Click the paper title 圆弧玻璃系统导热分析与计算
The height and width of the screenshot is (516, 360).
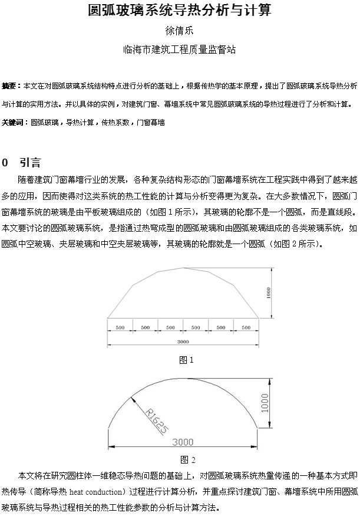click(179, 10)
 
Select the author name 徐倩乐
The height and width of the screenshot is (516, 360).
click(179, 31)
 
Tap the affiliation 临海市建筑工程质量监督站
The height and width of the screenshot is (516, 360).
click(179, 50)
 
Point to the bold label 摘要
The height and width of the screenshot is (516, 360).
click(10, 86)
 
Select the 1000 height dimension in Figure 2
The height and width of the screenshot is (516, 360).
click(265, 403)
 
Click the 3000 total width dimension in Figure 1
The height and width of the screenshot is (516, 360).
click(183, 341)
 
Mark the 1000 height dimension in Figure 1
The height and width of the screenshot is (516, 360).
click(268, 293)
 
